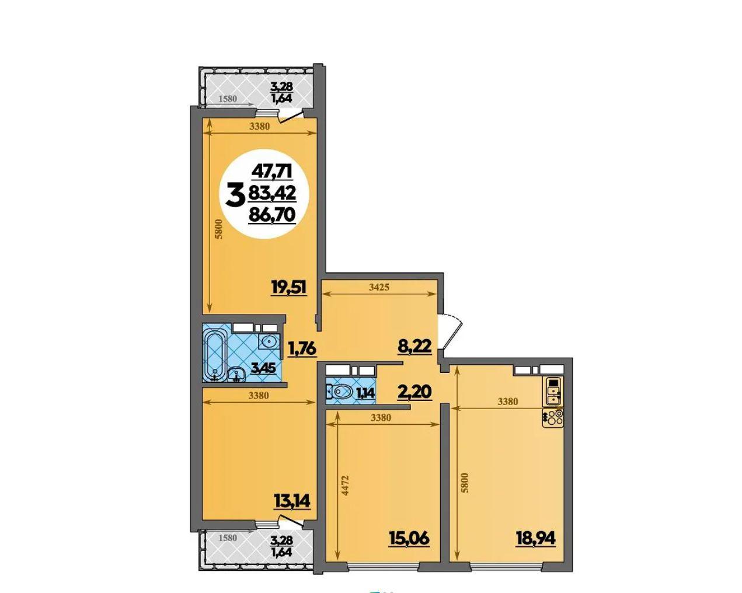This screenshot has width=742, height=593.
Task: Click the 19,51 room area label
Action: point(289,287)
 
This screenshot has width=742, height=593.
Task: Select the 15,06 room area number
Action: point(409,538)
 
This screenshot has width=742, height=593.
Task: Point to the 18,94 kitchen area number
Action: point(536,538)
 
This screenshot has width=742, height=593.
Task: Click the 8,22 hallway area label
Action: point(415,346)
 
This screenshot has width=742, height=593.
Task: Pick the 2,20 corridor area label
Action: point(415,392)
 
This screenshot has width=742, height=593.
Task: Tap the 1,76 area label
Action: point(302,349)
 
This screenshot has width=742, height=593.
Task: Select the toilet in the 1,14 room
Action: point(339,392)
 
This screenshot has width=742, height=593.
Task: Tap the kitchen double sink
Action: point(553,391)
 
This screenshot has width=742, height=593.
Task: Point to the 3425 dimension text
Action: point(379,287)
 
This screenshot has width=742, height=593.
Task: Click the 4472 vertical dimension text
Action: point(346,486)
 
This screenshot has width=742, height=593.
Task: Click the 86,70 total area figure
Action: point(272,215)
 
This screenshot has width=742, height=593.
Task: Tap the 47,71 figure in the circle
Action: point(273,172)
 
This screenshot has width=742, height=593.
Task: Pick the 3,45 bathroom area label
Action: point(263,368)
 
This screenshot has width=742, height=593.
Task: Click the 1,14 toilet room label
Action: point(365,392)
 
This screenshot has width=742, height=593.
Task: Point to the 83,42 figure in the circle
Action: point(272,193)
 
